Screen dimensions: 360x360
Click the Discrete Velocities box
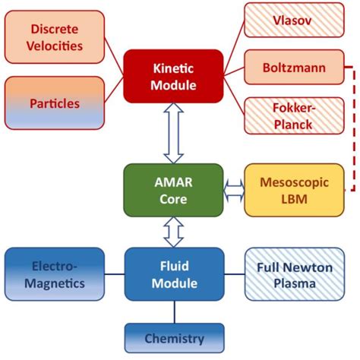(x=55, y=39)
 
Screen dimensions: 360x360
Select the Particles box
(x=55, y=102)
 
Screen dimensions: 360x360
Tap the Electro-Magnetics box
(x=54, y=274)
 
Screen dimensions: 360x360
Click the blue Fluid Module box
(x=173, y=274)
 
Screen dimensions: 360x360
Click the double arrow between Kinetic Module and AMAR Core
(x=173, y=133)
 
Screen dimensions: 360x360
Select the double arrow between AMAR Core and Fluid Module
(x=173, y=231)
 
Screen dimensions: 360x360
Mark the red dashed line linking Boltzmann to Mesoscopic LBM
(x=353, y=129)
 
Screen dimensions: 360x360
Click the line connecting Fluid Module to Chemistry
(x=174, y=312)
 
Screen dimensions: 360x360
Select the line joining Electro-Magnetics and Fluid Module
(x=114, y=274)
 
